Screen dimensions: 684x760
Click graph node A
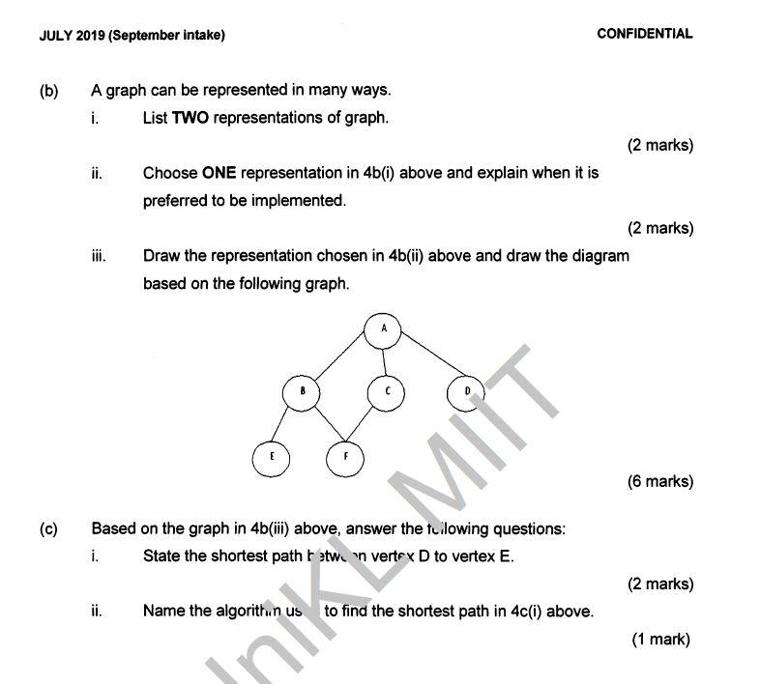(384, 328)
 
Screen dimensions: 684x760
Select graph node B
(302, 392)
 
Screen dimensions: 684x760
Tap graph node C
(386, 392)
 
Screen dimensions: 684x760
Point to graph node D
(466, 392)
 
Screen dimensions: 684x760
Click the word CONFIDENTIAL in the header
(644, 34)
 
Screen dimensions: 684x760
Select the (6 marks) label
(660, 481)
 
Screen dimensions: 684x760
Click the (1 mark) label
(661, 639)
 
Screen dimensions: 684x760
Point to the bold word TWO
(190, 118)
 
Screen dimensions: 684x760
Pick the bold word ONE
(219, 173)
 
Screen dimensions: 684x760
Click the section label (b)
(48, 91)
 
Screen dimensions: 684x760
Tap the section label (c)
(48, 528)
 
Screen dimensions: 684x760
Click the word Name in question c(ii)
(162, 611)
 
